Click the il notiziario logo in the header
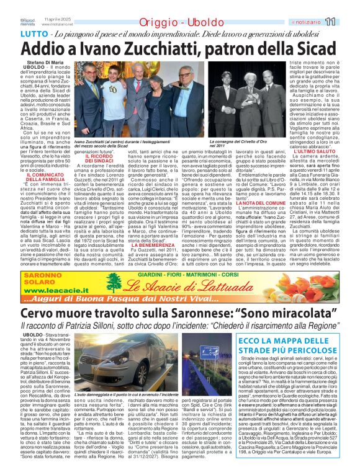click(312, 22)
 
